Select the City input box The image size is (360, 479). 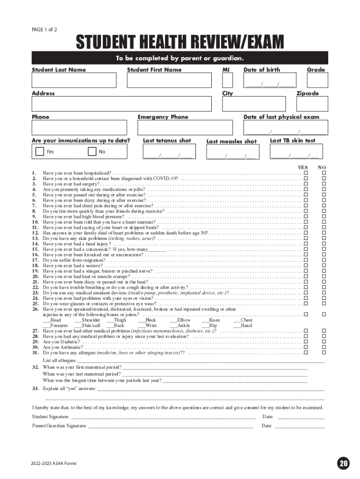point(253,104)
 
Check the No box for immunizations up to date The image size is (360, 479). point(92,151)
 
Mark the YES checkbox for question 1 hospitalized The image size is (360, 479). point(306,173)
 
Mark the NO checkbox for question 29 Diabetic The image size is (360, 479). point(323,342)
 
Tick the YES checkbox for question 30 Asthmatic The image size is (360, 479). point(306,348)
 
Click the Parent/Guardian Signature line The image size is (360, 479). point(171,426)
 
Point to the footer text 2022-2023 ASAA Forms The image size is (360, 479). point(54,464)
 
